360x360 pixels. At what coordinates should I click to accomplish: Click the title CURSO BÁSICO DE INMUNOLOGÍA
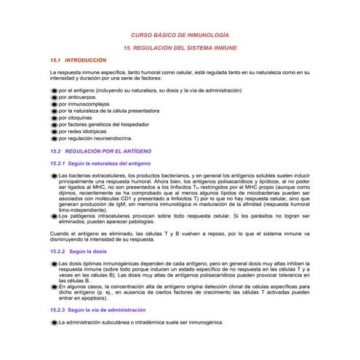point(179,35)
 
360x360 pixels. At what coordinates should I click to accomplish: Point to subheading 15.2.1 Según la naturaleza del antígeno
point(100,164)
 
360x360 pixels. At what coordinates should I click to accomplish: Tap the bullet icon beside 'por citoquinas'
point(54,117)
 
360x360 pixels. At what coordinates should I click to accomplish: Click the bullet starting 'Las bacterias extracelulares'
point(54,176)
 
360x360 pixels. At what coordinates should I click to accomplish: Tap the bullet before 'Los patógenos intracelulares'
point(54,215)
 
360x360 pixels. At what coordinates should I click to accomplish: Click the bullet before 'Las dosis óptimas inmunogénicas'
point(54,263)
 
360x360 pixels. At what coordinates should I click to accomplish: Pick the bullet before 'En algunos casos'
point(54,287)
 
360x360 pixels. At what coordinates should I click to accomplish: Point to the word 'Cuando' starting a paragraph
point(60,233)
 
